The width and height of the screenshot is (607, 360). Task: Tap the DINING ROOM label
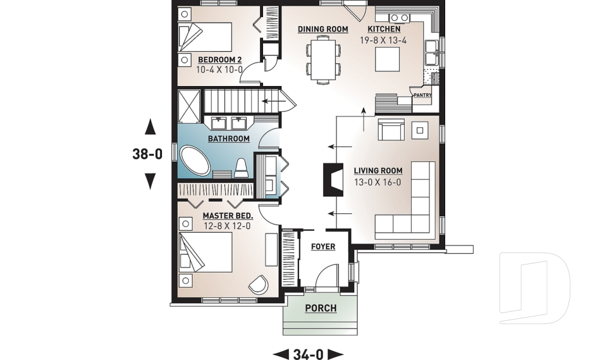(323, 29)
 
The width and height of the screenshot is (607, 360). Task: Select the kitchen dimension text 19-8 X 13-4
(384, 39)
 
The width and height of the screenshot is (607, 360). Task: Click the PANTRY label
(422, 96)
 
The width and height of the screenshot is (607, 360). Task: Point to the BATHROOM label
(228, 139)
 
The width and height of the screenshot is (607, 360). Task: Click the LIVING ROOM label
(378, 170)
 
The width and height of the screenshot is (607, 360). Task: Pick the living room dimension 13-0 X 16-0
(378, 182)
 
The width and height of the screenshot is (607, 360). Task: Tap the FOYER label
(323, 247)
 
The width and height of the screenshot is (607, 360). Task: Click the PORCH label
(321, 309)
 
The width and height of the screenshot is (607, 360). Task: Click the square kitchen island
(385, 59)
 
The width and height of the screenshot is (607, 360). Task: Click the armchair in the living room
(391, 130)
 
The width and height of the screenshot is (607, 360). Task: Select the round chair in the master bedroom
(259, 285)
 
